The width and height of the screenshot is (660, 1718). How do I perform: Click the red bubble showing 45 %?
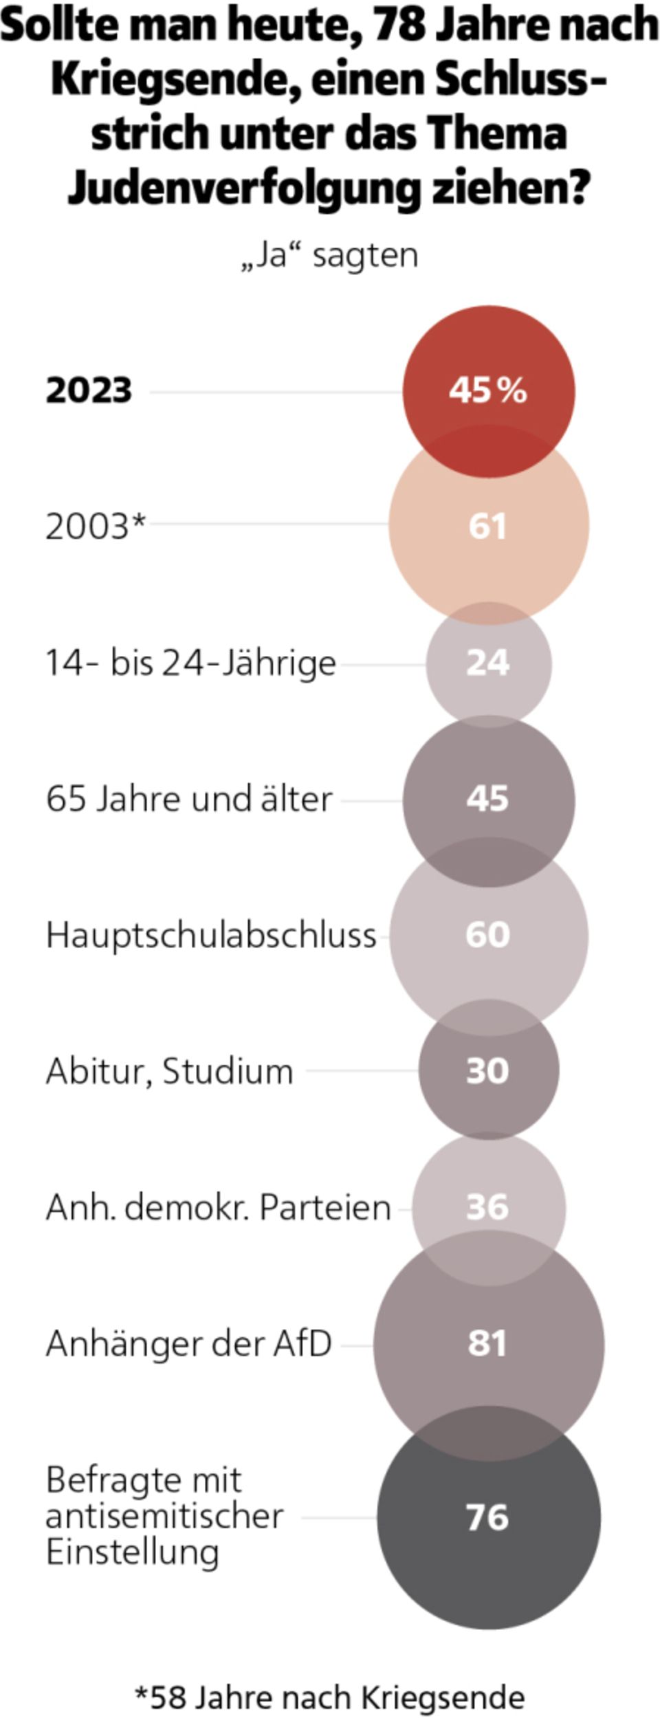488,390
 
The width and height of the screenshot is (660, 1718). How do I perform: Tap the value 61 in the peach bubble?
487,526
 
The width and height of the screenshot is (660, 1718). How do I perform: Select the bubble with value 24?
488,663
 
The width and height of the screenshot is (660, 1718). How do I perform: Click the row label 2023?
89,390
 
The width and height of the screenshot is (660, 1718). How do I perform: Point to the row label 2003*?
96,527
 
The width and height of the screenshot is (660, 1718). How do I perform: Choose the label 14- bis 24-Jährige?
190,663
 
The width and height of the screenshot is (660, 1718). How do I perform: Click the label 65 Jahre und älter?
189,799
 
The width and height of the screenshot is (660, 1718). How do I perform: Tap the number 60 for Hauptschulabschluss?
487,934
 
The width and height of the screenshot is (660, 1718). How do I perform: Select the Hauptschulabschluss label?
211,935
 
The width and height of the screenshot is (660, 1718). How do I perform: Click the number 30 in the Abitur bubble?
487,1070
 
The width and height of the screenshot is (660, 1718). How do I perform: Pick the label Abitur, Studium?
170,1071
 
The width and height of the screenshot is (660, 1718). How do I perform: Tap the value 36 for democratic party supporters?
487,1207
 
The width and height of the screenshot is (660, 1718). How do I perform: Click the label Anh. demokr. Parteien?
218,1207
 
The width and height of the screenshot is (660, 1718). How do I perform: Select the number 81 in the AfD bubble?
487,1343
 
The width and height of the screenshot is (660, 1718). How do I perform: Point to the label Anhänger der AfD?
189,1343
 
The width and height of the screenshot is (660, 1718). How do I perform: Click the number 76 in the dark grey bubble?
487,1517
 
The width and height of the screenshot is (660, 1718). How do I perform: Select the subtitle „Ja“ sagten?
330,256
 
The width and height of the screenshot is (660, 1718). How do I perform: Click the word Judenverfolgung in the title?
243,187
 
